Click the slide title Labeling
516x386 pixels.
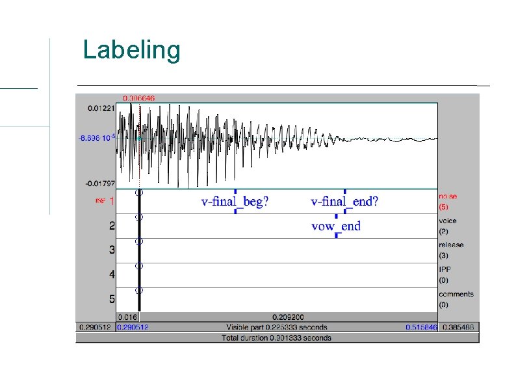pyautogui.click(x=131, y=50)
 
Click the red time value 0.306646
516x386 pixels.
pyautogui.click(x=139, y=98)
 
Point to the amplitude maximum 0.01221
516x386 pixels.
pyautogui.click(x=101, y=108)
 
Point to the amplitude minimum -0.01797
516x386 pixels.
pyautogui.click(x=101, y=184)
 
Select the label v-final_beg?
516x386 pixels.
pyautogui.click(x=235, y=202)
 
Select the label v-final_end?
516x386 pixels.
pyautogui.click(x=344, y=202)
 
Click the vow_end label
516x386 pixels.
pyautogui.click(x=335, y=226)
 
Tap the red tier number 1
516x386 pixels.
pyautogui.click(x=112, y=202)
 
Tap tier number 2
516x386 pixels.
pyautogui.click(x=112, y=226)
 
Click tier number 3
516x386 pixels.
pyautogui.click(x=112, y=250)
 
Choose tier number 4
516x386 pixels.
pyautogui.click(x=112, y=275)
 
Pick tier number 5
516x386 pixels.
pyautogui.click(x=112, y=299)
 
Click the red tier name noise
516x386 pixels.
pyautogui.click(x=448, y=197)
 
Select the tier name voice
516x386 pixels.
pyautogui.click(x=447, y=221)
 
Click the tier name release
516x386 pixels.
pyautogui.click(x=451, y=246)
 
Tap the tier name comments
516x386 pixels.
pyautogui.click(x=456, y=294)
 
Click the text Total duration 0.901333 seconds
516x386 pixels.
pyautogui.click(x=276, y=337)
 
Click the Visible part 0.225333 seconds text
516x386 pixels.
pyautogui.click(x=276, y=327)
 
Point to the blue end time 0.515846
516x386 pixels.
pyautogui.click(x=421, y=327)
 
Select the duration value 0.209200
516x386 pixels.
pyautogui.click(x=288, y=317)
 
